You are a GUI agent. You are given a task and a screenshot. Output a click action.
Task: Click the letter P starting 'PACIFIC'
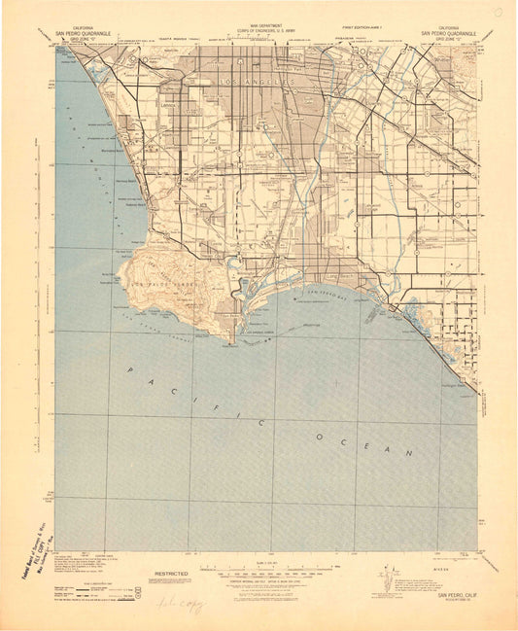pyautogui.click(x=129, y=369)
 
